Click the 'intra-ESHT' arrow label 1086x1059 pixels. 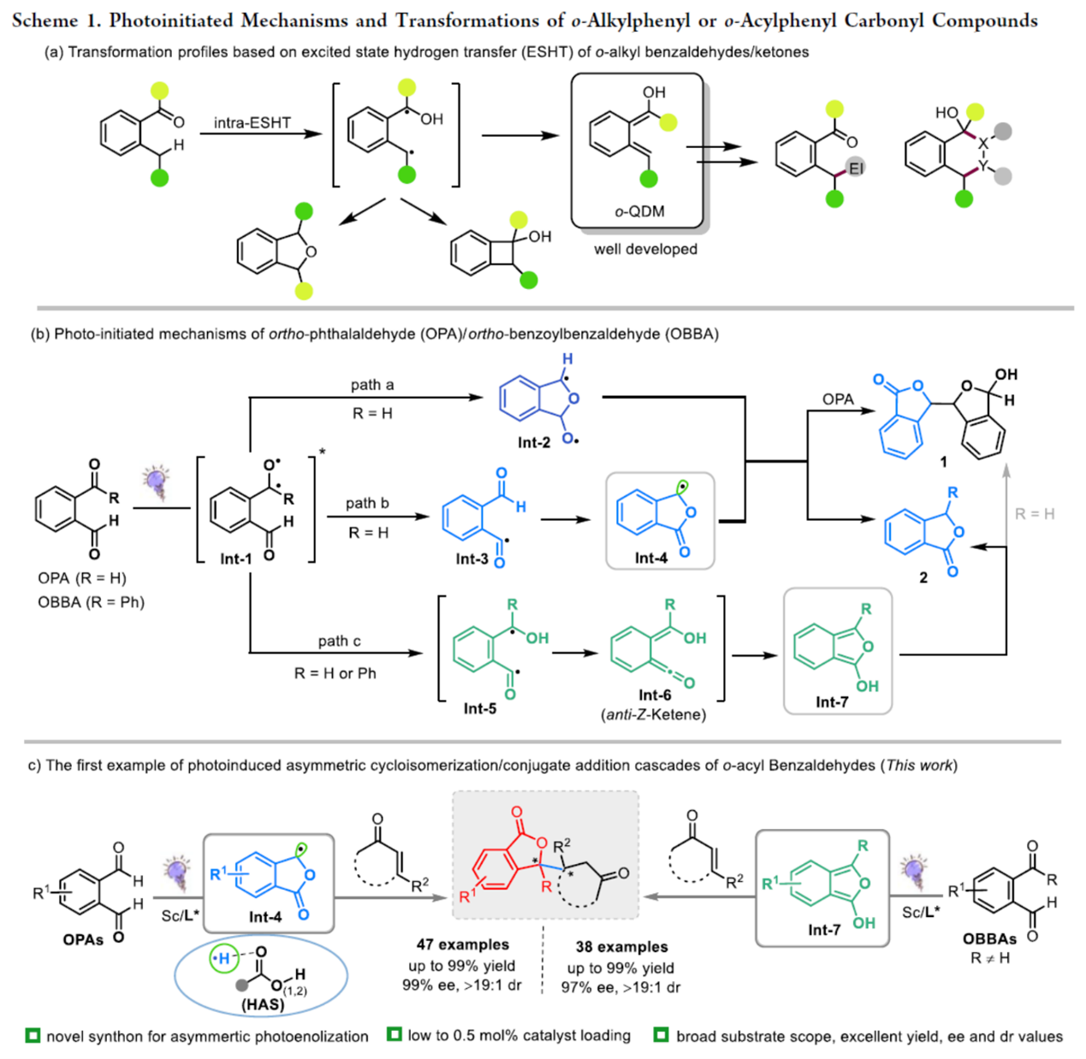252,122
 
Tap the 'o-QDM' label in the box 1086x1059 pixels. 639,211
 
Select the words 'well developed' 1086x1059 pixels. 645,249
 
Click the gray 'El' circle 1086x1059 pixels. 856,168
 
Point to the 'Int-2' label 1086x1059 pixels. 533,442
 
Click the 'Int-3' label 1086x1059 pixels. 472,559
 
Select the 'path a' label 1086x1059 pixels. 372,385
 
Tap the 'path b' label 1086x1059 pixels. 367,503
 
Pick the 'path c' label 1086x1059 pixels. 339,641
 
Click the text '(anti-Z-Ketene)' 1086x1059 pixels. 654,715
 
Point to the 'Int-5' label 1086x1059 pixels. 480,708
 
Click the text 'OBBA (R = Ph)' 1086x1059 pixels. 91,602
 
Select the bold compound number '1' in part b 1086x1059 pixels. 943,462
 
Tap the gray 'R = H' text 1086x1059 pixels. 1035,514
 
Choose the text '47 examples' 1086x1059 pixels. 463,944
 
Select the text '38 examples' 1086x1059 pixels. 621,946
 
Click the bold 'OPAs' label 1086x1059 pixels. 83,939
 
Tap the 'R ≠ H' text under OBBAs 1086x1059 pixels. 990,958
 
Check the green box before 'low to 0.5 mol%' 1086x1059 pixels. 394,1035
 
